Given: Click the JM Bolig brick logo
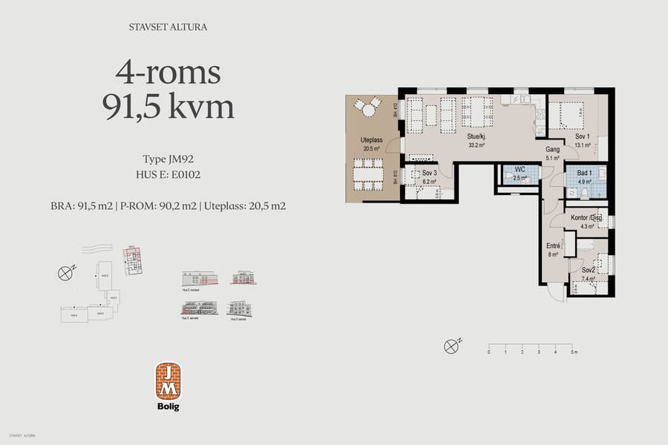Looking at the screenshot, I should pyautogui.click(x=168, y=381).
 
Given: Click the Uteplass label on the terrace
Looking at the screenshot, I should pyautogui.click(x=371, y=139).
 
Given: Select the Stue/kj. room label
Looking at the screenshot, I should pyautogui.click(x=476, y=137).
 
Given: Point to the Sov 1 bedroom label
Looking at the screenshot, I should pyautogui.click(x=582, y=137).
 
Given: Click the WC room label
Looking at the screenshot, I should pyautogui.click(x=520, y=170).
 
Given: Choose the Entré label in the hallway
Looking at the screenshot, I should pyautogui.click(x=553, y=245).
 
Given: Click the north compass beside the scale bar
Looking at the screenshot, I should pyautogui.click(x=451, y=346).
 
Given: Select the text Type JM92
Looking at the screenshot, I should pyautogui.click(x=168, y=159).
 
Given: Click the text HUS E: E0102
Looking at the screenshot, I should pyautogui.click(x=168, y=175).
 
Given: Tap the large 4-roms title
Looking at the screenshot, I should pyautogui.click(x=168, y=73).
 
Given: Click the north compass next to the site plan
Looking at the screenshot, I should pyautogui.click(x=65, y=272).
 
